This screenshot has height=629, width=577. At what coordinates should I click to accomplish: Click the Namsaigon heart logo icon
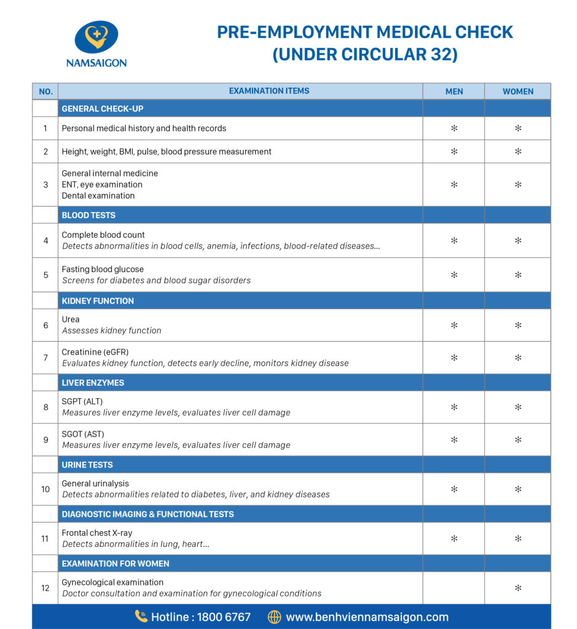(x=96, y=36)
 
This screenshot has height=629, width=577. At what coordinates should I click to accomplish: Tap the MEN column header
(x=454, y=92)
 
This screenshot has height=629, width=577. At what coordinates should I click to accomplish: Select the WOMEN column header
(x=518, y=92)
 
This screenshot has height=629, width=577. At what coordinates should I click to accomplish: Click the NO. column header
(x=45, y=92)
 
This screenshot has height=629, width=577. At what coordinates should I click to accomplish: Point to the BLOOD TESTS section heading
(x=88, y=215)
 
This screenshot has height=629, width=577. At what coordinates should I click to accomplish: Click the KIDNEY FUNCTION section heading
(x=98, y=301)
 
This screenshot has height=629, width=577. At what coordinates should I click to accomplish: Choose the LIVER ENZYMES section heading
(x=93, y=383)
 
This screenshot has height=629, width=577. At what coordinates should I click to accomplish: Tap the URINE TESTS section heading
(x=87, y=465)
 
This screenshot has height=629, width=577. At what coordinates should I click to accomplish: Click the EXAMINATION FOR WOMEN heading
(x=116, y=563)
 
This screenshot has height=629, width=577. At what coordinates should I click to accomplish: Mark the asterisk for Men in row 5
(x=454, y=275)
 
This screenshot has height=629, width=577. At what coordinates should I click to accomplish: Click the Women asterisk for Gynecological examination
(x=518, y=588)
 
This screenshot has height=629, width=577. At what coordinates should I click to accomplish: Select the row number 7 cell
(x=45, y=357)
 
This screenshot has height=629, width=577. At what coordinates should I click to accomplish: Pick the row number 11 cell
(x=45, y=539)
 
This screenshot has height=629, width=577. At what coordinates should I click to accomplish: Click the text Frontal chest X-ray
(x=97, y=533)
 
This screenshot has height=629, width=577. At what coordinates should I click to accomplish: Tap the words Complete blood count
(x=103, y=235)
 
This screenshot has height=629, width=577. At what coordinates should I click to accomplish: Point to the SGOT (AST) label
(x=83, y=434)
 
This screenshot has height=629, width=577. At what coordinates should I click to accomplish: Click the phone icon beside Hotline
(x=141, y=617)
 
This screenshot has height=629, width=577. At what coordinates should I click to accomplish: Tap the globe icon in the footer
(x=274, y=617)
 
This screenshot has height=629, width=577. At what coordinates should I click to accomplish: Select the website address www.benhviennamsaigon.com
(x=367, y=617)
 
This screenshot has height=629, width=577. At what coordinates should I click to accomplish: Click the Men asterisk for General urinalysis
(x=454, y=490)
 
